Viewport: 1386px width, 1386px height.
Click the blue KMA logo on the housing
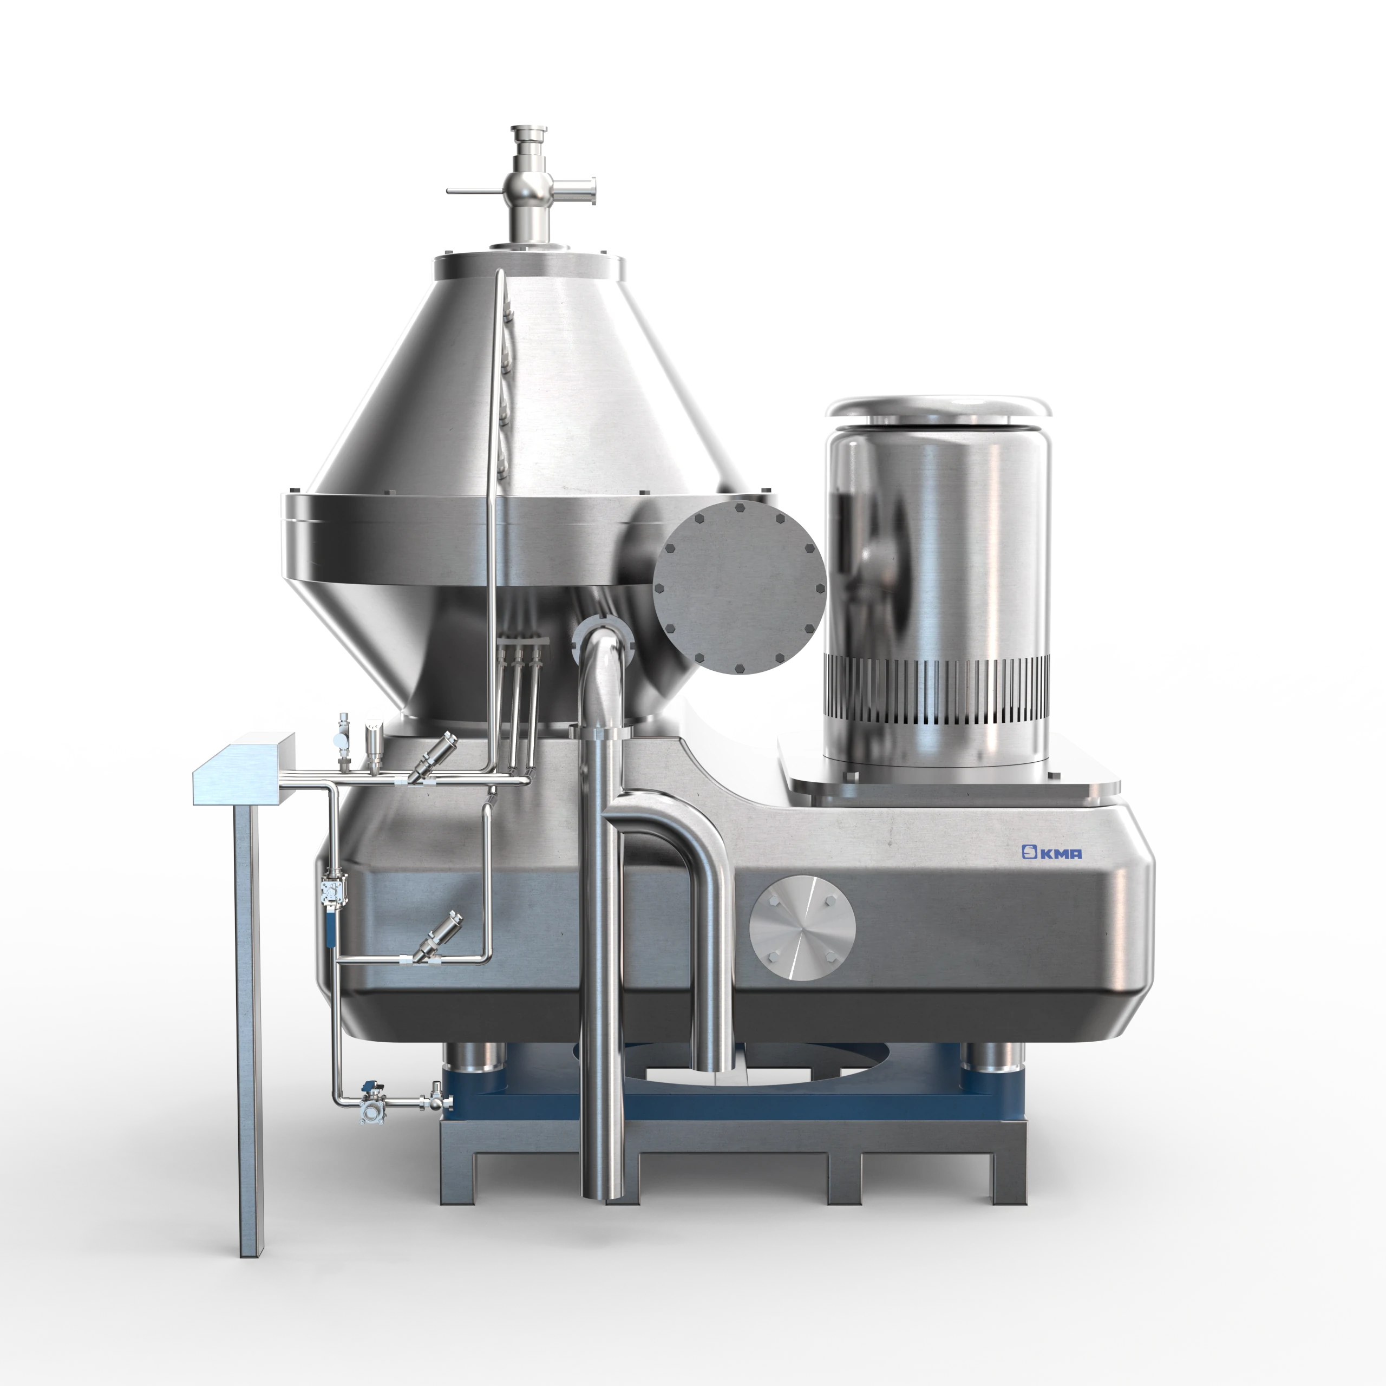pyautogui.click(x=1052, y=852)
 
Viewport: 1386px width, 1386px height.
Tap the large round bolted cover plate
pyautogui.click(x=740, y=587)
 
